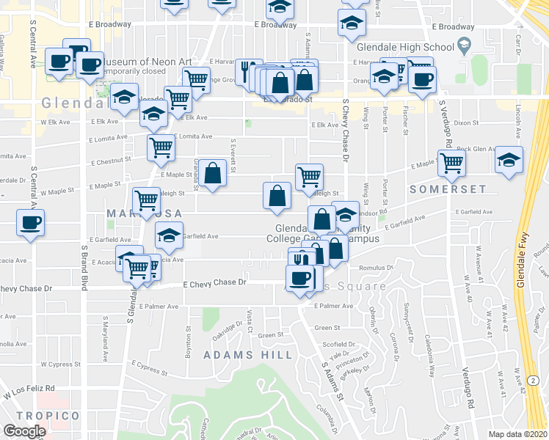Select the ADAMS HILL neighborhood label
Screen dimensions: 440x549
click(247, 355)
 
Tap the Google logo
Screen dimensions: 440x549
click(24, 431)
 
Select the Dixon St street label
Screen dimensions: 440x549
click(465, 123)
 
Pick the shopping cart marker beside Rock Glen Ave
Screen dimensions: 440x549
click(451, 162)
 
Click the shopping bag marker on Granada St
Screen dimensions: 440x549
click(212, 174)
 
